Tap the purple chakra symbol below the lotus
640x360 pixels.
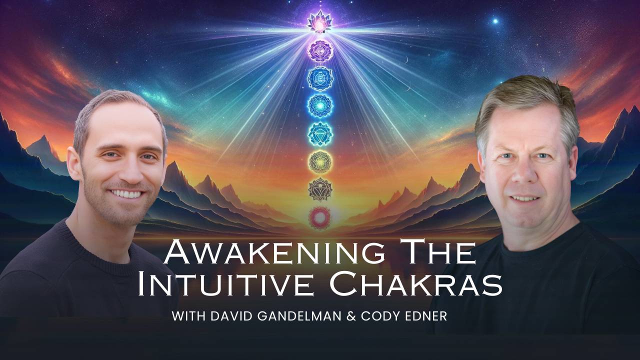click(x=319, y=50)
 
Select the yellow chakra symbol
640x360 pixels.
click(x=319, y=161)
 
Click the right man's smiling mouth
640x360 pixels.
click(x=524, y=198)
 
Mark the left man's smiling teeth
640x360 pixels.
click(x=127, y=192)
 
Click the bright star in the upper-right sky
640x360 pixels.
click(x=495, y=21)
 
